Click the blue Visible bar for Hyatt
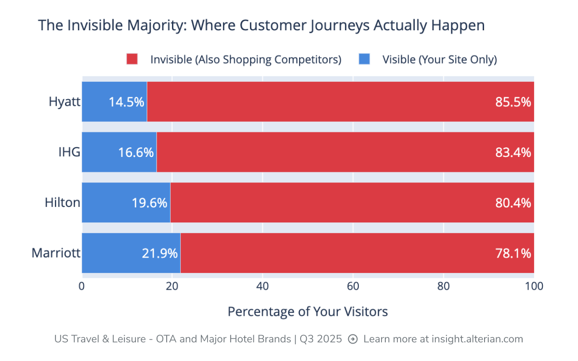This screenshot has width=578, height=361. coord(114,102)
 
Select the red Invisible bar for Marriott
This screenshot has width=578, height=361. coord(357,253)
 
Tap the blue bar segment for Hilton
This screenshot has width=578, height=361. coord(126,202)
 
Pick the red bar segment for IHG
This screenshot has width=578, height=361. coord(345,152)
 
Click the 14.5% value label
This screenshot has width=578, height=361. coord(126,102)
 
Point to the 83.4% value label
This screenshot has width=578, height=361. coord(513,153)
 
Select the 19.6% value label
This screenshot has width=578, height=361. coord(149,203)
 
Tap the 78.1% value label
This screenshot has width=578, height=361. coord(513,253)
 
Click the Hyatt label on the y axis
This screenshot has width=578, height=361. coord(64,102)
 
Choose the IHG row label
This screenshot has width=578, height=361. coord(69,153)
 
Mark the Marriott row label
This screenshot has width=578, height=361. coord(56,253)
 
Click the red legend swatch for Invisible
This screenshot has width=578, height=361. coord(132,59)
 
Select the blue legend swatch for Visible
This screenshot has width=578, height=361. coord(364,59)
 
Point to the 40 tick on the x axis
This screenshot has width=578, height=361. coord(263,286)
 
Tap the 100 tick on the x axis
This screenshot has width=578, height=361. coord(534,286)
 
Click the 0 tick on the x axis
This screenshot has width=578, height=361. coord(82,286)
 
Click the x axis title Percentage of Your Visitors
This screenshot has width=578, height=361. coord(308,311)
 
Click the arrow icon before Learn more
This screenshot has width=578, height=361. coord(353,339)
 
